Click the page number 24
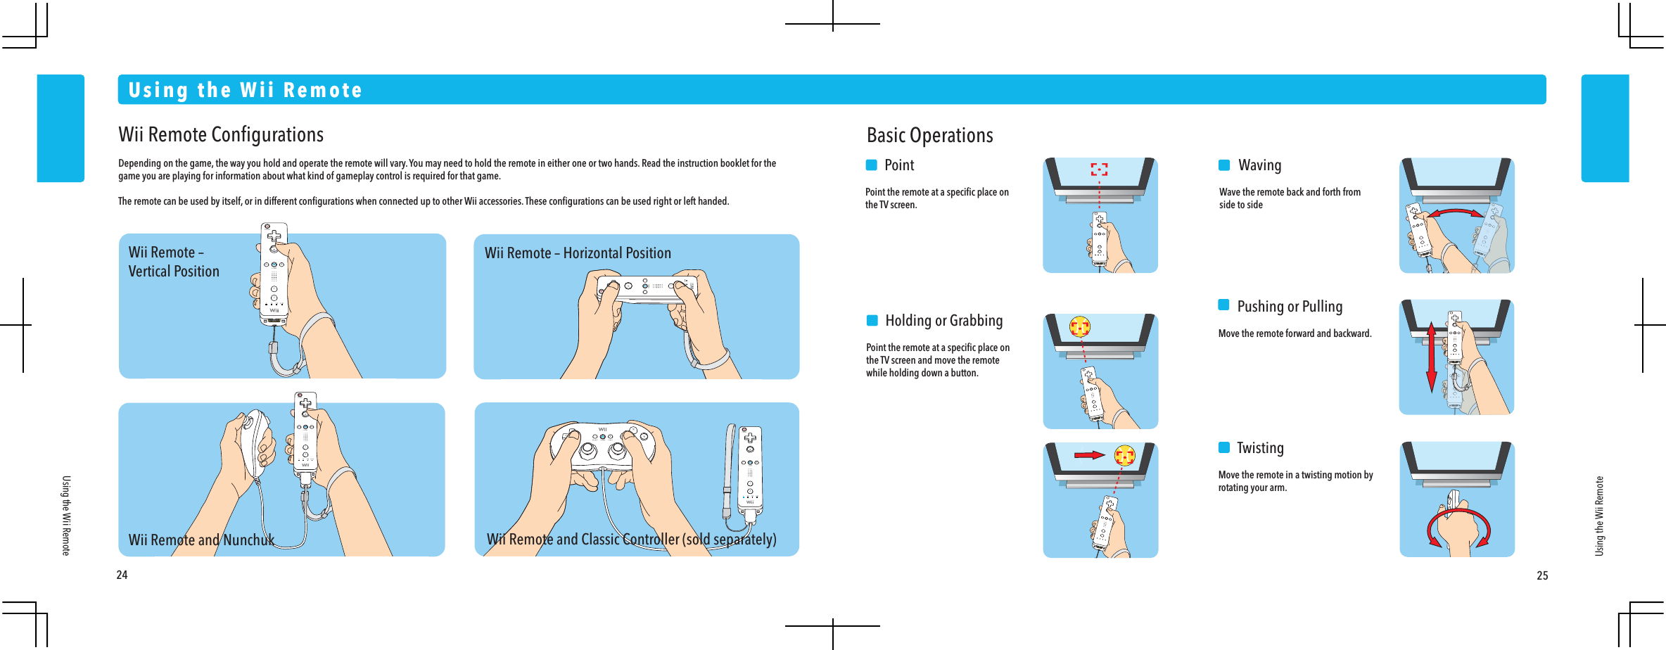point(122,575)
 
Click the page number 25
point(1542,575)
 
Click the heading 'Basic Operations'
point(929,135)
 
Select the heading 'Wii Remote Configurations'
point(221,134)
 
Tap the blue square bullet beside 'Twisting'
point(1224,447)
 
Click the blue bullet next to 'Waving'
point(1224,165)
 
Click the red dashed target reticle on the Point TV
point(1099,170)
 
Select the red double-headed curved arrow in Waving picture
point(1454,213)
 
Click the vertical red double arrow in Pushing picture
point(1431,357)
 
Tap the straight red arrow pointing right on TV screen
point(1088,455)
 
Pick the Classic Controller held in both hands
point(602,447)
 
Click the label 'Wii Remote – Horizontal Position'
point(578,253)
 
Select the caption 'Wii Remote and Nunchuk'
point(201,540)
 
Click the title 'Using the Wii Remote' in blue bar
point(245,90)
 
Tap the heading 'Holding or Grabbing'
point(943,321)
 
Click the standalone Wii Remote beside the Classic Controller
point(750,468)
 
